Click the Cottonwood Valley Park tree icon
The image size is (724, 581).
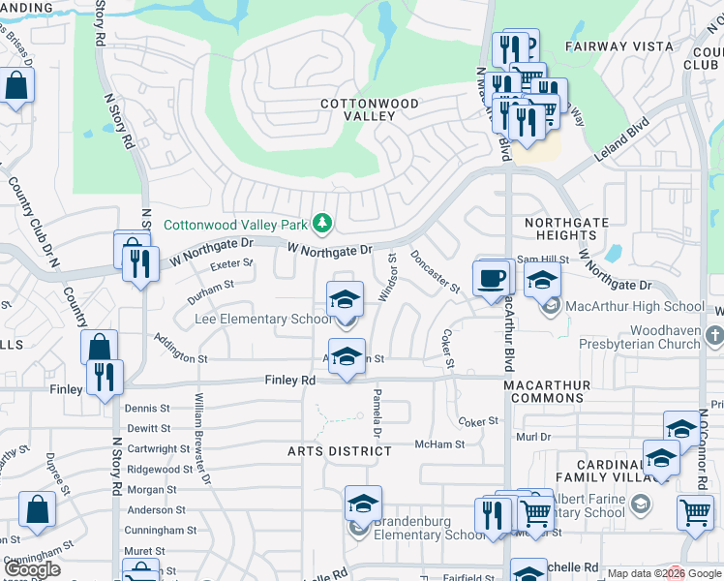(x=322, y=225)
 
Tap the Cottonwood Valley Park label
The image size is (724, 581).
(x=235, y=225)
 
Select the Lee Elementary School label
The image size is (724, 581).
(x=262, y=319)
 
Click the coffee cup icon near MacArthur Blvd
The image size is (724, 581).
(x=492, y=278)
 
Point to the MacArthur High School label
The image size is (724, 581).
(x=636, y=306)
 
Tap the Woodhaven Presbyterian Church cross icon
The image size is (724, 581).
(x=713, y=336)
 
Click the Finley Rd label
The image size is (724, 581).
(x=290, y=381)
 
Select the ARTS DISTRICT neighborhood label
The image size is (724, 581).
(x=340, y=451)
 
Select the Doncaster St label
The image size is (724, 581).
(x=435, y=270)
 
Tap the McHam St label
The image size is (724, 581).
(x=439, y=444)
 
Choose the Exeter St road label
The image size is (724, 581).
(x=230, y=263)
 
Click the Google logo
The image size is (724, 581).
(x=33, y=569)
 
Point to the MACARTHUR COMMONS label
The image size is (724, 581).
(x=547, y=391)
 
